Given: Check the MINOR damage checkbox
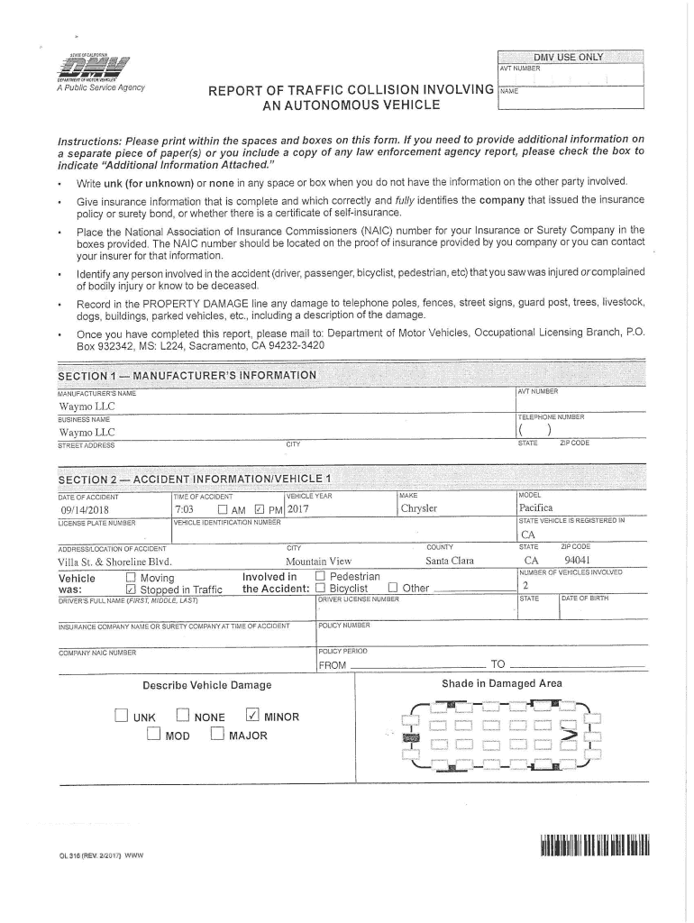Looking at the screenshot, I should (x=252, y=717).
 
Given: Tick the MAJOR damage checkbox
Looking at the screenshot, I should (x=216, y=735).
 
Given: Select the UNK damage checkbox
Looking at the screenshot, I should (x=122, y=717).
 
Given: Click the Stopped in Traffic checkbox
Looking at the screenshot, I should (x=131, y=589).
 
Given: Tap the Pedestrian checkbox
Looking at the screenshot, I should (x=320, y=577).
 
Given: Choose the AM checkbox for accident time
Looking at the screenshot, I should (x=222, y=508).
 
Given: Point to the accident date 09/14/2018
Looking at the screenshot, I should (x=84, y=508).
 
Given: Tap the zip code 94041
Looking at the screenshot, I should (x=578, y=560).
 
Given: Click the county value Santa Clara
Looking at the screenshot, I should (x=450, y=560).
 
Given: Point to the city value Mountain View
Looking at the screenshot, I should (x=318, y=560).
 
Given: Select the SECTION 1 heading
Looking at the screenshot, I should (x=187, y=375).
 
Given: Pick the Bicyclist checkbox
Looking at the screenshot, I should (x=320, y=589).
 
